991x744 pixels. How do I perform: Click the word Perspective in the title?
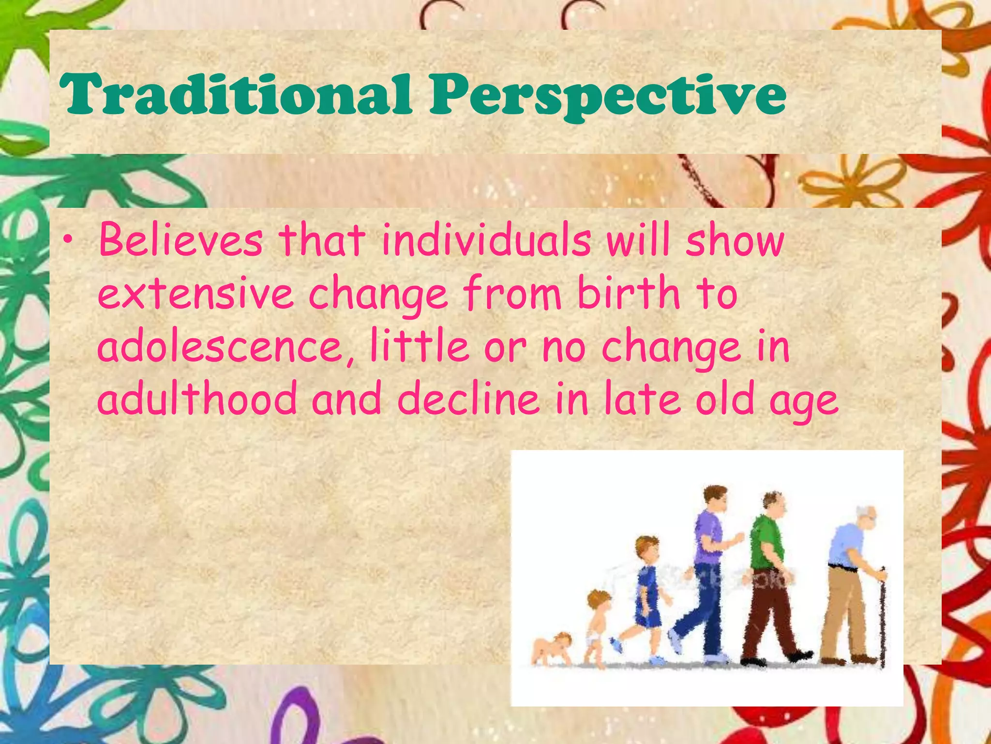(x=608, y=95)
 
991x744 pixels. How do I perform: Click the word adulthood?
(x=197, y=399)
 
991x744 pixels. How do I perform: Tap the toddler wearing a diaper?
(x=598, y=625)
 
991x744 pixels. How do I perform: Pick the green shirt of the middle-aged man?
(x=766, y=542)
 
